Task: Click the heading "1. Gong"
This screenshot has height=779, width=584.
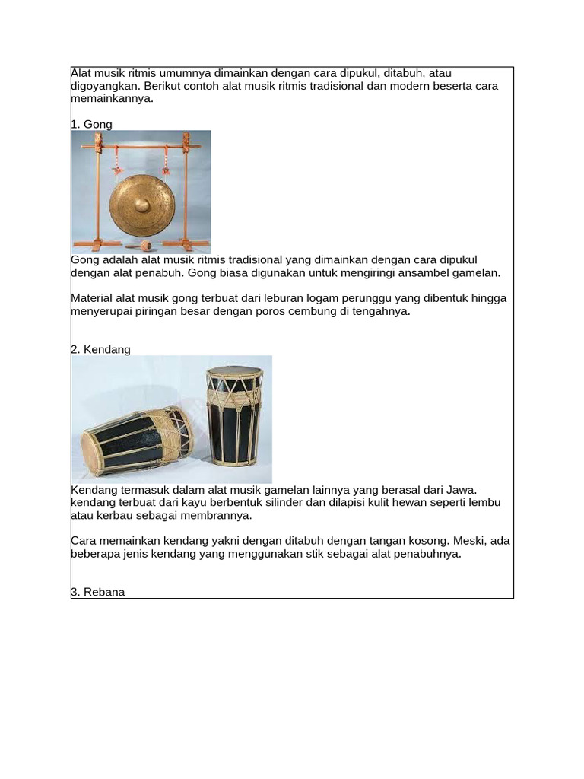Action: (91, 124)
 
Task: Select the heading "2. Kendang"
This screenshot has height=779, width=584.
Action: (100, 349)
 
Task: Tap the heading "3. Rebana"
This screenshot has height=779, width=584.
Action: (97, 591)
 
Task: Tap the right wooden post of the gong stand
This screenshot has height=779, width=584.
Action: (185, 190)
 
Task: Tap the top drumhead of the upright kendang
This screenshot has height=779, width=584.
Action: (234, 372)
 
